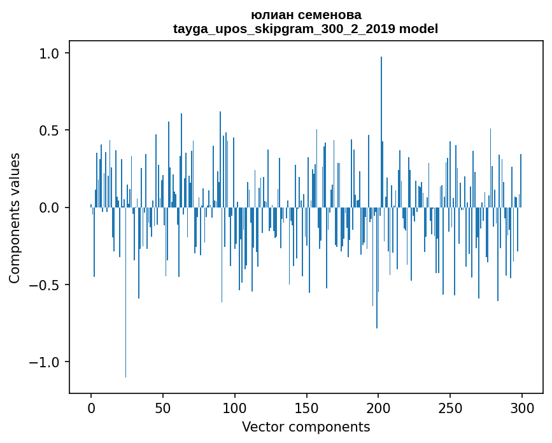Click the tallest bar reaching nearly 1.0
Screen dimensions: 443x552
381,127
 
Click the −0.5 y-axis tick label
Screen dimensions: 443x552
45,285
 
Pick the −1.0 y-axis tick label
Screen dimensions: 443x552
45,362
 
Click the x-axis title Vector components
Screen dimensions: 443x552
306,426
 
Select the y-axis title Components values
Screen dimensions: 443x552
15,218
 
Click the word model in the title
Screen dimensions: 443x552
418,29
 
